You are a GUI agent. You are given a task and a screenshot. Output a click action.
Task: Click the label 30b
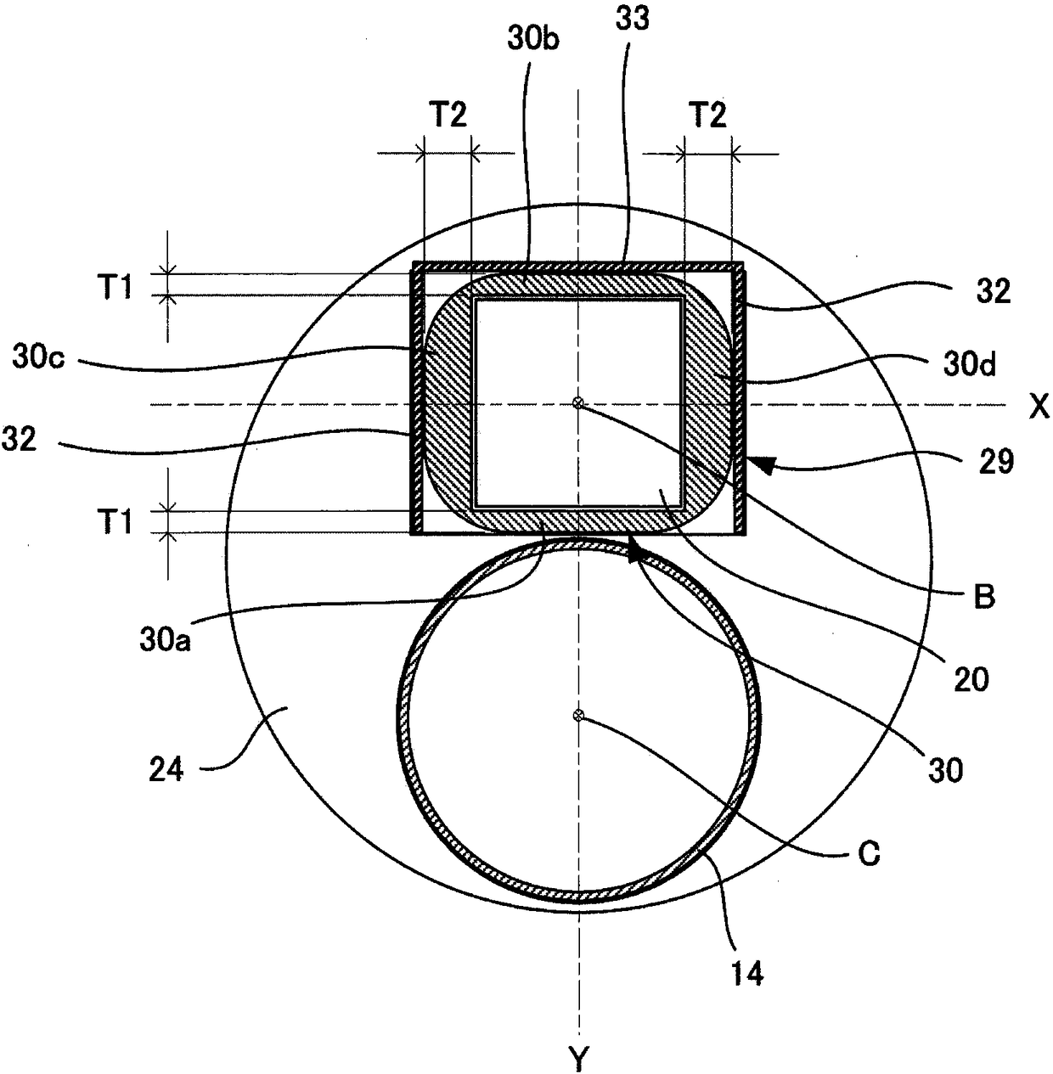click(532, 42)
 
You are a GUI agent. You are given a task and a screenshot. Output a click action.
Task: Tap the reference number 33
click(633, 20)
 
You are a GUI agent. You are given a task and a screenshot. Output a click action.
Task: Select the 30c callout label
click(38, 358)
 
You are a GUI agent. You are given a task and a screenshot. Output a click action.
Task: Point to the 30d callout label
click(970, 365)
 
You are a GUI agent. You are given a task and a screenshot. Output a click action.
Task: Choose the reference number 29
click(996, 462)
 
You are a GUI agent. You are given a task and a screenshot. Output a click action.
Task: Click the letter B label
click(985, 598)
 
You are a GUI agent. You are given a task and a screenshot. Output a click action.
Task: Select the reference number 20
click(971, 680)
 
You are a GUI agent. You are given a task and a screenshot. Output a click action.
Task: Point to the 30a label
click(165, 641)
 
